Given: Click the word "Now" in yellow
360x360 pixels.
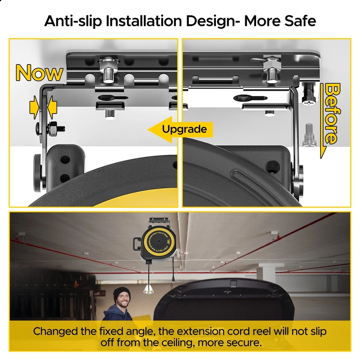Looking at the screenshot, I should click(39, 73).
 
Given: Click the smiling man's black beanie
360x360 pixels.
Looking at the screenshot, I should click(122, 293).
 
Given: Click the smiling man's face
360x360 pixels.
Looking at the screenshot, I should click(122, 301).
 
